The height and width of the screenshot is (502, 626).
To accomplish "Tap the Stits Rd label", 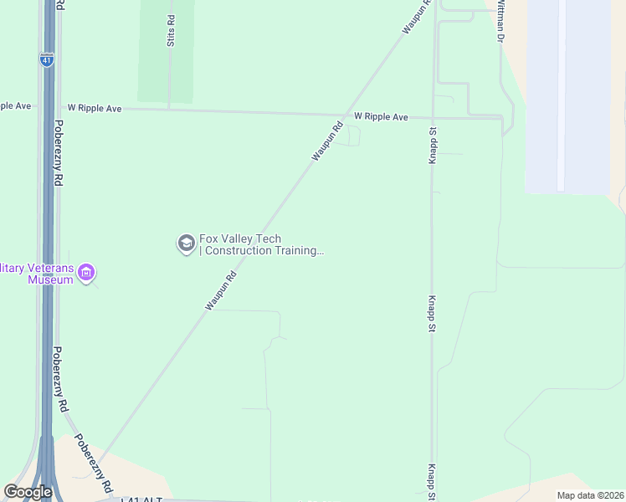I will click(x=171, y=31).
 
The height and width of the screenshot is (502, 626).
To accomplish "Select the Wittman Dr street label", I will click(x=500, y=21).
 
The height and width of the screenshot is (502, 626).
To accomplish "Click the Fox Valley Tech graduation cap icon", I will click(x=186, y=243).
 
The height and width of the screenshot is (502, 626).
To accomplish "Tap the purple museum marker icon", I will click(x=87, y=273).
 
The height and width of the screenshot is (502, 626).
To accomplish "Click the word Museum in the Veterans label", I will click(x=50, y=279).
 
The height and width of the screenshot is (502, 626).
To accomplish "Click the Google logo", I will click(x=28, y=492).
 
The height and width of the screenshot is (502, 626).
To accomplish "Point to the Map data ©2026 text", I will click(x=589, y=495).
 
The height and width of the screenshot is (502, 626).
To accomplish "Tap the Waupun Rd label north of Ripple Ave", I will click(x=417, y=16).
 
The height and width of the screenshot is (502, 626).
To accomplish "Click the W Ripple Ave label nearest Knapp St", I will click(x=381, y=116).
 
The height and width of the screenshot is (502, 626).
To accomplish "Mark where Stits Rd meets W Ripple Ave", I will click(x=170, y=109).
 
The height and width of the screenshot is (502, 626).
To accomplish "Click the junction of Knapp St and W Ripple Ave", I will click(x=434, y=117).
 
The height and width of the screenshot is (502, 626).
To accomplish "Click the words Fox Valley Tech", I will click(x=239, y=238).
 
